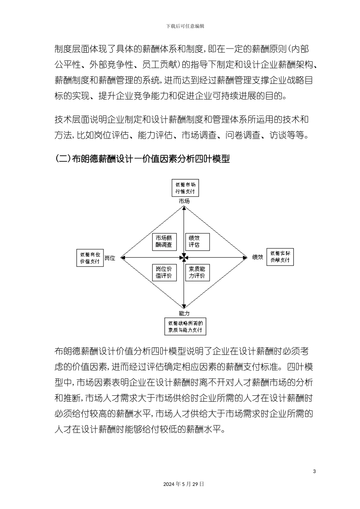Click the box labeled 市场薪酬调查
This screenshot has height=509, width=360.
164,241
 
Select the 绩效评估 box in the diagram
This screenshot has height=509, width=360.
197,241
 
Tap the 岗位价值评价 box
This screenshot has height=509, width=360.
164,272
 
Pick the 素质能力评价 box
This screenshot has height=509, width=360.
197,272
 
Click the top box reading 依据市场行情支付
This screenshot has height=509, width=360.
185,188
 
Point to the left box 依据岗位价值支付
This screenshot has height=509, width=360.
90,258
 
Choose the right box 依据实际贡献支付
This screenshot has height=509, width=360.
280,257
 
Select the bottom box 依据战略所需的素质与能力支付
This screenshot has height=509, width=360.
185,326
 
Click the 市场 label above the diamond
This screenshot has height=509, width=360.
184,201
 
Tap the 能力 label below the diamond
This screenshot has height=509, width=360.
184,313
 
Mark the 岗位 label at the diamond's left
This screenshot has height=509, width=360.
110,258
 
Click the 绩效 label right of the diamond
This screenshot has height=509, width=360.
258,258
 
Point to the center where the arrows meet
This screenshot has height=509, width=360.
184,258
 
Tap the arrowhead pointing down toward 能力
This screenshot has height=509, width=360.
184,307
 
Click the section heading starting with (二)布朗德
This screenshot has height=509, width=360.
142,159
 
